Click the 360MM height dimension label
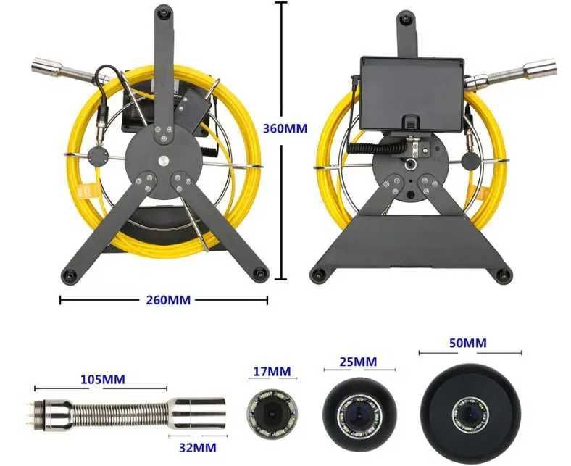[285, 128]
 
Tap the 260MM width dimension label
[168, 300]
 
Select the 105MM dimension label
[103, 379]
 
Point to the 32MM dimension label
[197, 447]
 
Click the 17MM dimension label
[272, 371]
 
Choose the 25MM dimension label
[358, 362]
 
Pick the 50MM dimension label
[467, 343]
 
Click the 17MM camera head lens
[272, 415]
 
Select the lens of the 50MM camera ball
[470, 415]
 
